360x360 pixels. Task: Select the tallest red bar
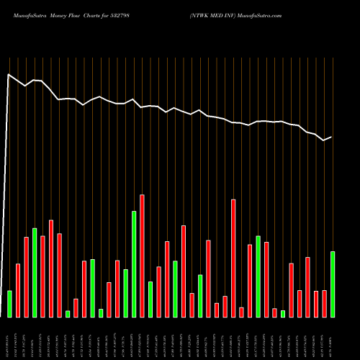pyautogui.click(x=142, y=256)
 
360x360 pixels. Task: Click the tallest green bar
pyautogui.click(x=134, y=264)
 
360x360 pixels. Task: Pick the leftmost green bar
pyautogui.click(x=9, y=303)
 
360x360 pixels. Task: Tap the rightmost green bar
pyautogui.click(x=333, y=284)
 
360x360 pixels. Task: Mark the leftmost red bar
pyautogui.click(x=18, y=290)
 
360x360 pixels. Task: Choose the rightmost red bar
pyautogui.click(x=324, y=303)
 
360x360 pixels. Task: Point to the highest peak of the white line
pyautogui.click(x=9, y=74)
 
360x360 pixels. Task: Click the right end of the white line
pyautogui.click(x=332, y=137)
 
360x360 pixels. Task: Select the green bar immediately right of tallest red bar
pyautogui.click(x=150, y=299)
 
